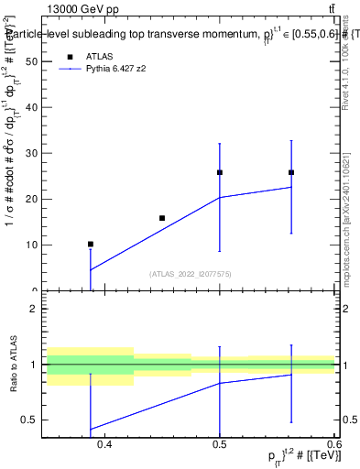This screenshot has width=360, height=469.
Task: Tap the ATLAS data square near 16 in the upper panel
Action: tap(162, 218)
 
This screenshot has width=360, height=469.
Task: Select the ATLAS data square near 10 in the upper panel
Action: tap(90, 245)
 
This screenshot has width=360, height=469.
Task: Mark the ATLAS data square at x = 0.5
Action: tap(220, 172)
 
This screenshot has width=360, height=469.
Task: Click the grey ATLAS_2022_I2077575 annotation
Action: tap(191, 273)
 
